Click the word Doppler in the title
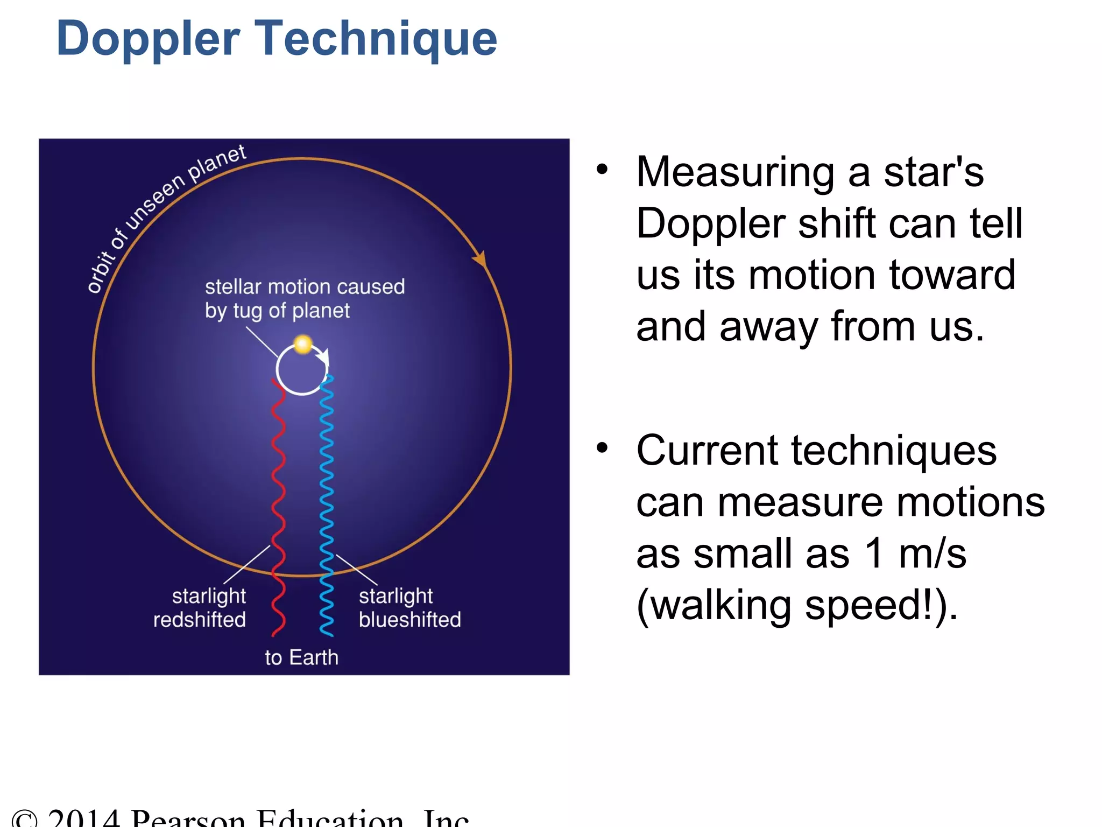(x=148, y=39)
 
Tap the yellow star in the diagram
(x=303, y=344)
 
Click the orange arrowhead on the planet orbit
(x=480, y=259)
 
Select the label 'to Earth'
(x=301, y=657)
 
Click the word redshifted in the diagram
(x=199, y=620)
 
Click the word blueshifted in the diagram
(x=409, y=620)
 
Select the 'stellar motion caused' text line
(x=305, y=287)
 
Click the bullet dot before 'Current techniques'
(x=602, y=447)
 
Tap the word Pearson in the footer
(x=188, y=818)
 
